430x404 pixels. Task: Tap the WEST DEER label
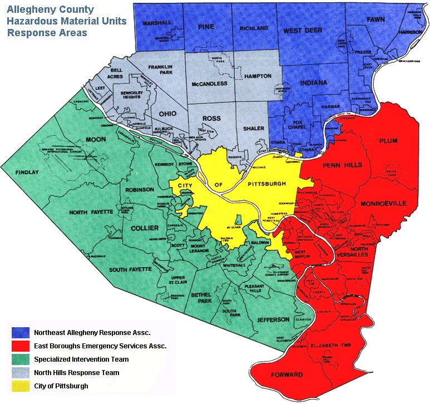(x=303, y=31)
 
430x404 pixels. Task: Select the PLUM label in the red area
(x=388, y=141)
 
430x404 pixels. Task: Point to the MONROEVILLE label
(x=383, y=204)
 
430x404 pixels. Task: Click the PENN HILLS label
(x=342, y=165)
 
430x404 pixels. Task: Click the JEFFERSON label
(x=273, y=319)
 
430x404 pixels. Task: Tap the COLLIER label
(x=144, y=228)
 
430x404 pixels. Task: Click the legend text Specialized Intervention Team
(x=81, y=359)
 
